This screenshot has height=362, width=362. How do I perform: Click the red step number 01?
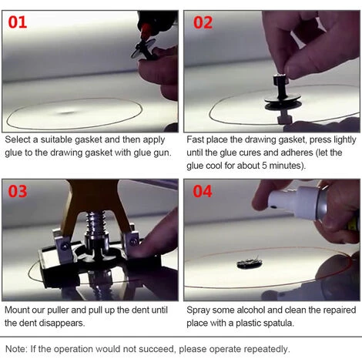pyautogui.click(x=18, y=22)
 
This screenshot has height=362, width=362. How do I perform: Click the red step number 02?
pyautogui.click(x=203, y=22)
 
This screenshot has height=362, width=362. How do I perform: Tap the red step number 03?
pyautogui.click(x=18, y=192)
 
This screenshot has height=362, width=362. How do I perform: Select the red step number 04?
pyautogui.click(x=203, y=192)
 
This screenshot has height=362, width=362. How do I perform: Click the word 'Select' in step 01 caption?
pyautogui.click(x=18, y=139)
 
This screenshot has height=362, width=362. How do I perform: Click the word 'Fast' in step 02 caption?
pyautogui.click(x=195, y=139)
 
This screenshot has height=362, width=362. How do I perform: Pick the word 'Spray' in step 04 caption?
pyautogui.click(x=198, y=310)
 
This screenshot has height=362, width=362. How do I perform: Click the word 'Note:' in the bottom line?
pyautogui.click(x=16, y=349)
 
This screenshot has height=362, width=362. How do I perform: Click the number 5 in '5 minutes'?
pyautogui.click(x=264, y=166)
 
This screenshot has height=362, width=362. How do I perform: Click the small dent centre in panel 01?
pyautogui.click(x=67, y=112)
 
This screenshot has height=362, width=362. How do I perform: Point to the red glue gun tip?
pyautogui.click(x=146, y=29)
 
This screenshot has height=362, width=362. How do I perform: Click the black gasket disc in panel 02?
pyautogui.click(x=283, y=102)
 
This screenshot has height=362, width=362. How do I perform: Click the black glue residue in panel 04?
pyautogui.click(x=250, y=263)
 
